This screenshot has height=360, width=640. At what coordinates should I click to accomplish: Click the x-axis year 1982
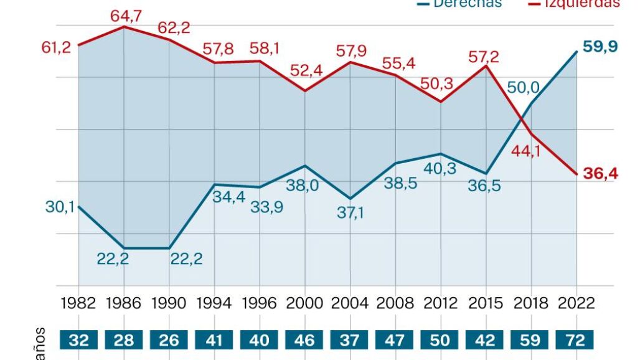pos(78,303)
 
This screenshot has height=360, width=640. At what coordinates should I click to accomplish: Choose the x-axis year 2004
pos(351,303)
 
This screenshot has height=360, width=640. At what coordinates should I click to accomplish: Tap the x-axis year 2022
pos(577,303)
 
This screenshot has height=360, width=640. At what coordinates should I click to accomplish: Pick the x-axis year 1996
pos(260,303)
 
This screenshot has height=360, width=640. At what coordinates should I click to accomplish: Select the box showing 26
pos(169,341)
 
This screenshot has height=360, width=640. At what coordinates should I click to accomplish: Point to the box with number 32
pos(78,341)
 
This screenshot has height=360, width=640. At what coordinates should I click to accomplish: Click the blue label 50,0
pos(523,88)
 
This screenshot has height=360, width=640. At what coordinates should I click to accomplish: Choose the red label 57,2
pos(484,57)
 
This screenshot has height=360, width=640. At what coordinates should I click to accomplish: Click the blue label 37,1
pos(351,212)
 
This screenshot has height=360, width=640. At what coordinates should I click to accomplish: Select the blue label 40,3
pos(440,169)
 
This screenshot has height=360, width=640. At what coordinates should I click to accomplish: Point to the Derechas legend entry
pos(461,4)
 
